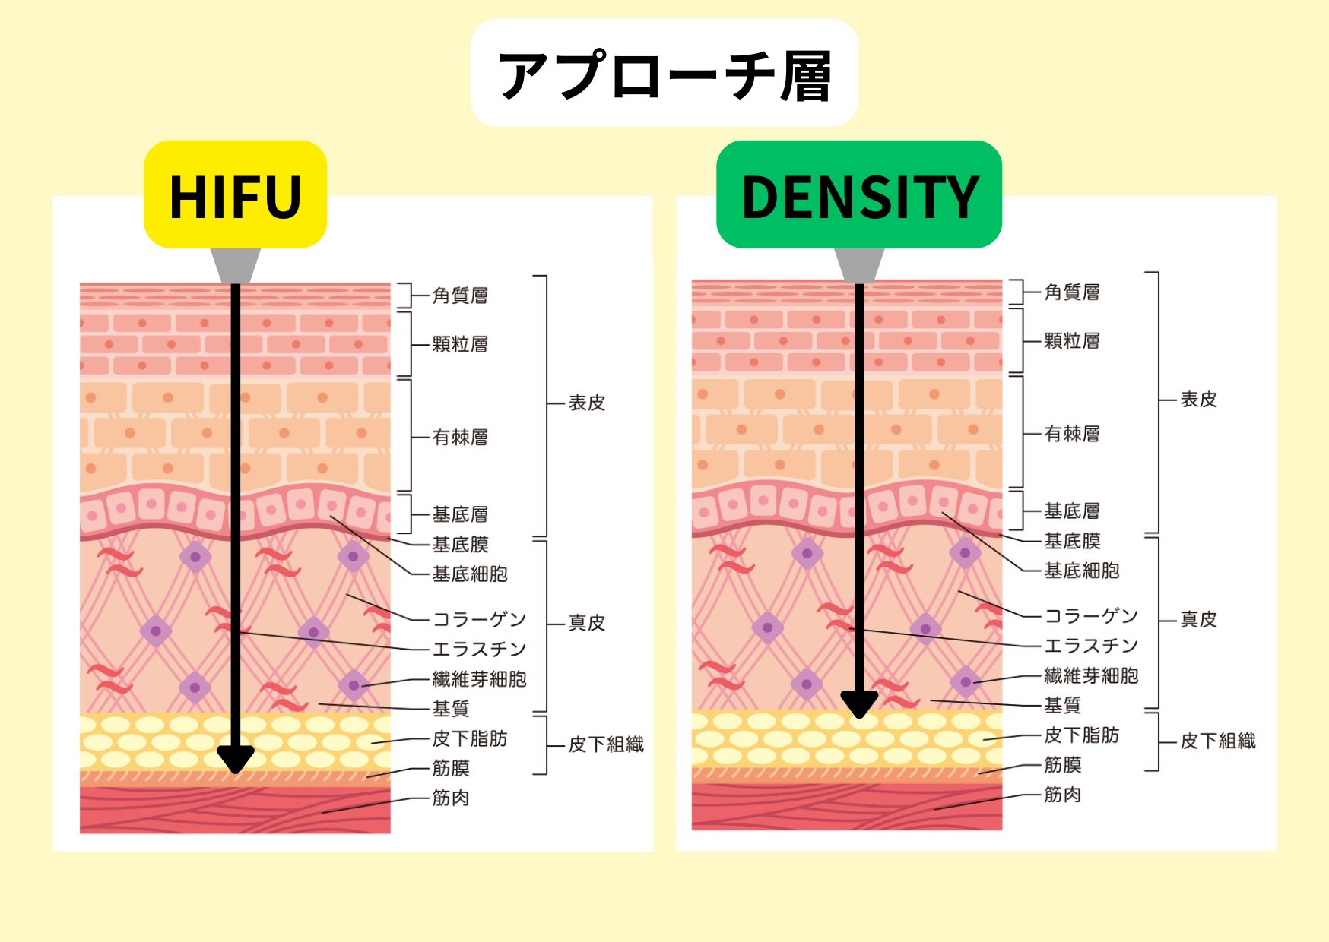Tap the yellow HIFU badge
tap(236, 196)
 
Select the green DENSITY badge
tap(859, 195)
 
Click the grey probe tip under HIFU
tap(236, 265)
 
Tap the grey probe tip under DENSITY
tap(859, 265)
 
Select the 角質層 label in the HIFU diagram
tap(460, 296)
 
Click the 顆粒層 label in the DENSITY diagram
tap(1072, 340)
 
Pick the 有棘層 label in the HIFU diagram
tap(460, 438)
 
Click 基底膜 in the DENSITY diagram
tap(1072, 541)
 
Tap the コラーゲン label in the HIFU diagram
tap(479, 620)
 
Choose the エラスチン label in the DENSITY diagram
tap(1091, 646)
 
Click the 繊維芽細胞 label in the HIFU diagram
tap(479, 679)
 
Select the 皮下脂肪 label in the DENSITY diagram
tap(1081, 735)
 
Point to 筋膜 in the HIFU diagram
tap(451, 768)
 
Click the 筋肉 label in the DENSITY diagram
tap(1062, 795)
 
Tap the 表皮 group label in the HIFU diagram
tap(587, 403)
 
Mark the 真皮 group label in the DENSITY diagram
tap(1198, 620)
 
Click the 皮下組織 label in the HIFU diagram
tap(606, 744)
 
